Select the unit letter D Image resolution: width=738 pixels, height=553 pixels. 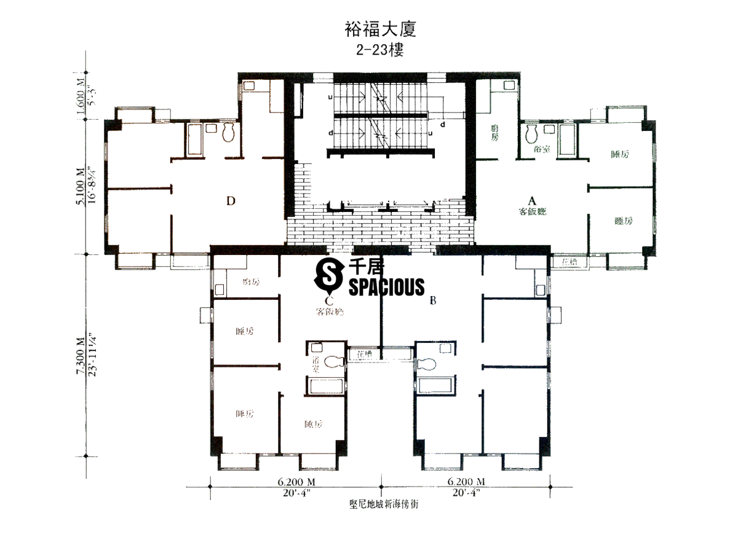(x=230, y=200)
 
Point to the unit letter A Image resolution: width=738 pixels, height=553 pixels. (x=533, y=200)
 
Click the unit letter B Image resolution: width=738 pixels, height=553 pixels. (x=433, y=300)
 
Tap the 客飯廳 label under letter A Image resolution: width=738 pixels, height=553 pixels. (x=533, y=212)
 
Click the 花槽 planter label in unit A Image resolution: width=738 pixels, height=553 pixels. (x=571, y=262)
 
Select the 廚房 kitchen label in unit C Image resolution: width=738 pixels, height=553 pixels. (x=251, y=282)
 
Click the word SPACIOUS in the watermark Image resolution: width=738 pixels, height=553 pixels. (x=386, y=286)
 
